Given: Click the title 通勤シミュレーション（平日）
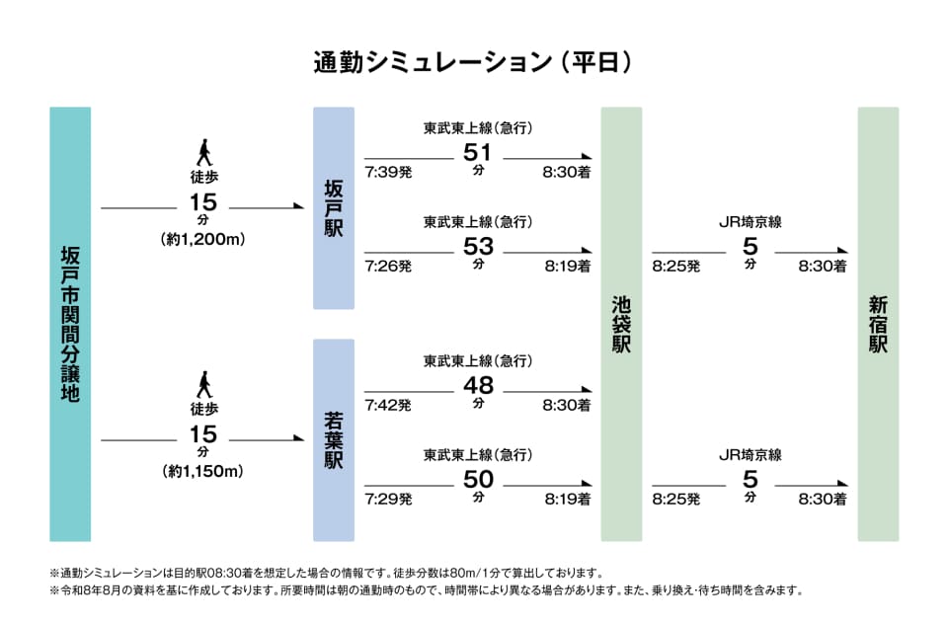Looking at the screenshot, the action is click(473, 62).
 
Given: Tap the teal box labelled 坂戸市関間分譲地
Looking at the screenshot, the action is click(70, 324).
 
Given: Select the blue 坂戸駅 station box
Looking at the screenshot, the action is click(334, 208).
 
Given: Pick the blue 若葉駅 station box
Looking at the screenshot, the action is click(334, 440).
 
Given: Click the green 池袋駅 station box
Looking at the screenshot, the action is click(621, 324).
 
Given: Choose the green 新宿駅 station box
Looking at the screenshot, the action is click(879, 324).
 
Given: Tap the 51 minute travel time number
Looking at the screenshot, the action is click(478, 152).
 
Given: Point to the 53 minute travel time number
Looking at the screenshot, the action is click(478, 246).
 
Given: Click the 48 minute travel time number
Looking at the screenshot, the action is click(478, 385).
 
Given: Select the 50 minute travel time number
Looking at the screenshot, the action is click(478, 479).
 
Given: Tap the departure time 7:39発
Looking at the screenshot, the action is click(388, 172).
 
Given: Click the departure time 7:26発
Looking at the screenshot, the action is click(388, 266).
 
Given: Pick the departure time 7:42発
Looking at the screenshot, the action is click(388, 405).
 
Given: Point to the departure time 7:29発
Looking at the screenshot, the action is click(388, 500).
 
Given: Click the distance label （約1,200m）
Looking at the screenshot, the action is click(203, 239).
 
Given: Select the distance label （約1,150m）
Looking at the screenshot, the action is click(203, 471).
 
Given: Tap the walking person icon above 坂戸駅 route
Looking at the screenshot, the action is click(205, 152).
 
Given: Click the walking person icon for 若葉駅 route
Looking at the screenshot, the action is click(205, 384).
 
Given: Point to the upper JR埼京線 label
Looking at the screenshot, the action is click(750, 222).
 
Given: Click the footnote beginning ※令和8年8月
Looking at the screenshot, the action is click(427, 590).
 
